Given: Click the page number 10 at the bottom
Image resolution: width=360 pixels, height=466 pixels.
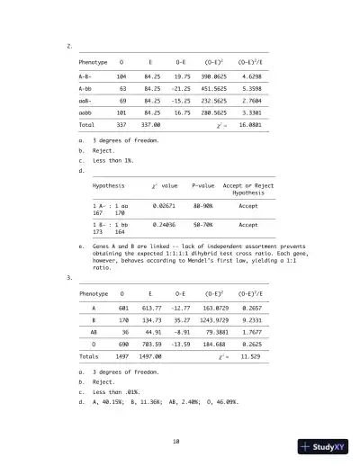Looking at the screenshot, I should [180, 440].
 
